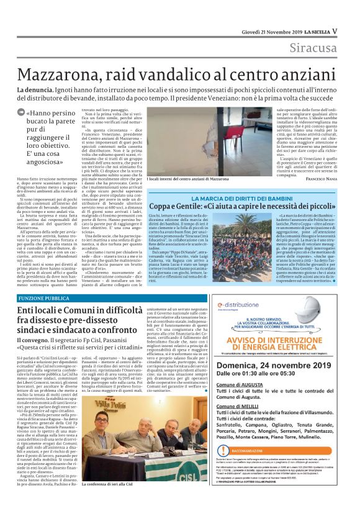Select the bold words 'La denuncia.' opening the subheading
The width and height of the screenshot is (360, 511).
tap(34, 91)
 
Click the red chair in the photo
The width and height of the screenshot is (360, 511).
tap(208, 140)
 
